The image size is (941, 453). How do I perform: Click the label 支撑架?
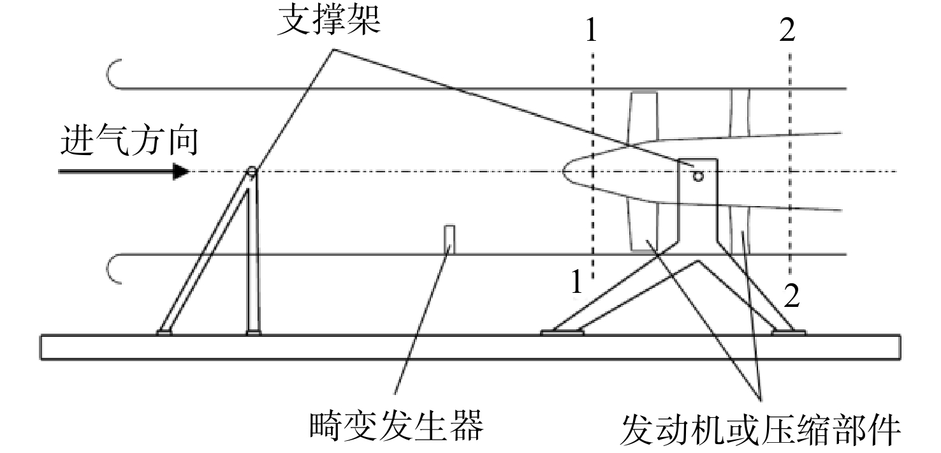click(x=328, y=20)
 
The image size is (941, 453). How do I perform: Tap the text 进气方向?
click(x=129, y=140)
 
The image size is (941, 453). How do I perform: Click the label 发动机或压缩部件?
click(x=761, y=429)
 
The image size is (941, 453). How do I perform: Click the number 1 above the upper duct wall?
click(x=592, y=30)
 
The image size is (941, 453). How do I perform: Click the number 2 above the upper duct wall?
click(x=787, y=30)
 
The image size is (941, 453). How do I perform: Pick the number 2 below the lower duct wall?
click(x=792, y=296)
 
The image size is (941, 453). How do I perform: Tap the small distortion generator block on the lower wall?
click(x=449, y=239)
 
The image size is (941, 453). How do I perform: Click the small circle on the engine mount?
click(x=698, y=176)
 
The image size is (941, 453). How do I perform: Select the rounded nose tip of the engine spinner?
click(x=564, y=172)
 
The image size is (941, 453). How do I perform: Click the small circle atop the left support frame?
click(x=251, y=171)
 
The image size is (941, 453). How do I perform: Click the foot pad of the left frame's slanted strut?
click(x=164, y=333)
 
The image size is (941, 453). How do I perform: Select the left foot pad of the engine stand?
click(x=562, y=332)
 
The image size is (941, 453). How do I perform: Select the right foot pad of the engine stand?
click(x=789, y=332)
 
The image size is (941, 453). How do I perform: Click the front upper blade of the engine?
click(x=643, y=117)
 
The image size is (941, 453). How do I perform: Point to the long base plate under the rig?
click(x=470, y=348)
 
